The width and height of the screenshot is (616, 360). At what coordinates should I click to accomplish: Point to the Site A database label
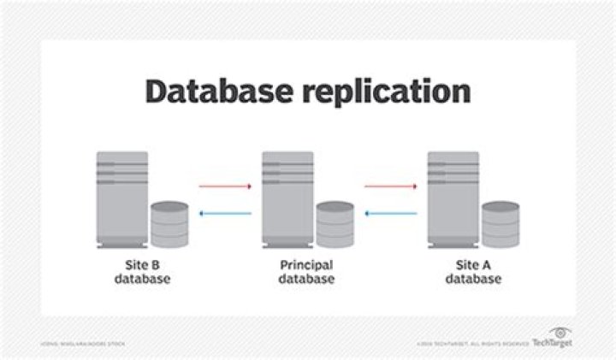[x=473, y=272]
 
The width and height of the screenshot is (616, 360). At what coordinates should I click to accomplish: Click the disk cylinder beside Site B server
[x=169, y=224]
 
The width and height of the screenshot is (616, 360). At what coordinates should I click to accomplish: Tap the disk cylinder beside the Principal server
[x=335, y=224]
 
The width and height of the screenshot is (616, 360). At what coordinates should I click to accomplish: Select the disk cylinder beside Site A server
[x=500, y=224]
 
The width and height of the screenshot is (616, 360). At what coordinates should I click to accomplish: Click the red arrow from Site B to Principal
[x=225, y=185]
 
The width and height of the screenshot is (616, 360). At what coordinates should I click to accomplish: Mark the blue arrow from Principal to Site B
[x=225, y=215]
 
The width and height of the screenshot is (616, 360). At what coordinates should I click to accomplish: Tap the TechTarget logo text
[x=554, y=342]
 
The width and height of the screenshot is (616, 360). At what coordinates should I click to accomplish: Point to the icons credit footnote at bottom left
[x=82, y=343]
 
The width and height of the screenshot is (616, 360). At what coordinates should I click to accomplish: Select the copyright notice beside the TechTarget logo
[x=474, y=343]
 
